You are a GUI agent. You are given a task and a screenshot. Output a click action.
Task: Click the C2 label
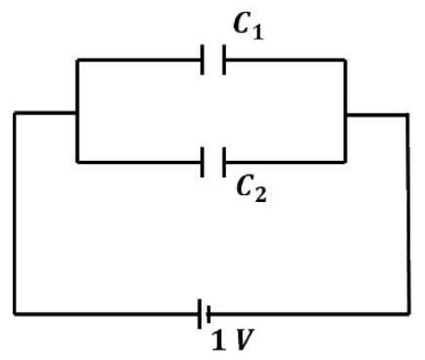tap(251, 189)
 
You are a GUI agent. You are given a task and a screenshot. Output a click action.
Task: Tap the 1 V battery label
tap(233, 340)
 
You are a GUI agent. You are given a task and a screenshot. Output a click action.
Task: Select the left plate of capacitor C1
tap(203, 60)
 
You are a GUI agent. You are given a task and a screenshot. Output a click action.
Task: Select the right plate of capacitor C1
tap(223, 60)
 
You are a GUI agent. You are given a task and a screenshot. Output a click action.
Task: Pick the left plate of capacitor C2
tap(203, 162)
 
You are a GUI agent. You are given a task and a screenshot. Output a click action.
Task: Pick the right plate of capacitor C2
tap(223, 162)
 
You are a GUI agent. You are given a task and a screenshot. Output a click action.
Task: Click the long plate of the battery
tap(200, 314)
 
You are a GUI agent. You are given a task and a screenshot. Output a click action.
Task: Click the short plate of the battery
tap(209, 314)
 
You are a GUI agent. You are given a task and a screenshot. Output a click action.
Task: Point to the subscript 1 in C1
tap(257, 33)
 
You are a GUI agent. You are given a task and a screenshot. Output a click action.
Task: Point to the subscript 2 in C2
tap(260, 195)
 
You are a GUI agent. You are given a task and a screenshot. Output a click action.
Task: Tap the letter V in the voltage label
tap(245, 340)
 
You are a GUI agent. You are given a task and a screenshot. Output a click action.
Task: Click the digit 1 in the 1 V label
tap(219, 340)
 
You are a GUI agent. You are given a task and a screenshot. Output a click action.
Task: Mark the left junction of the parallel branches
tap(77, 113)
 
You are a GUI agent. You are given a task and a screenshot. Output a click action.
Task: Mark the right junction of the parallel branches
tap(345, 114)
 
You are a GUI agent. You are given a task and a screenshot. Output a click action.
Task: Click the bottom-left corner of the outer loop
tap(15, 314)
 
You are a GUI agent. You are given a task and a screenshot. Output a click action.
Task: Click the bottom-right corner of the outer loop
tap(409, 314)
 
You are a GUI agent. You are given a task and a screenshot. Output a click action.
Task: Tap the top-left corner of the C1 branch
tap(77, 60)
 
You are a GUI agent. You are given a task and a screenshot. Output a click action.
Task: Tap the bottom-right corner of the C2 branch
tap(345, 162)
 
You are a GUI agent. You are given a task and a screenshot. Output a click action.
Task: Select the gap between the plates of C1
tap(213, 60)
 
